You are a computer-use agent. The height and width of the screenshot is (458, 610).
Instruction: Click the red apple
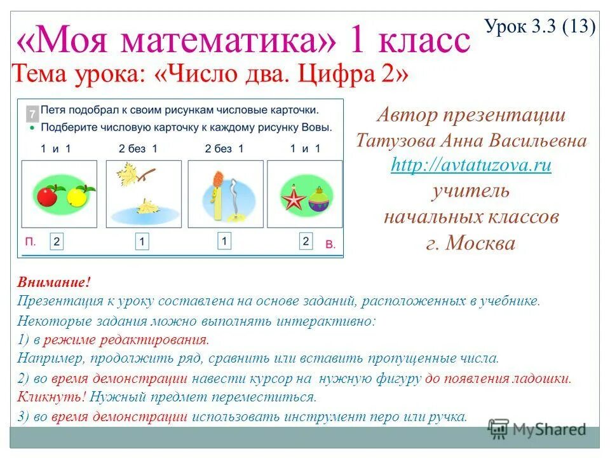tap(47, 196)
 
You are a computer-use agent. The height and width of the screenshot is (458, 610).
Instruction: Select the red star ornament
tap(294, 199)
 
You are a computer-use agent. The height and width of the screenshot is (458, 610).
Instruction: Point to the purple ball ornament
tap(317, 201)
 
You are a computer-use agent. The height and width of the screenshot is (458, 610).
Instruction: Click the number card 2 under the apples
tap(57, 242)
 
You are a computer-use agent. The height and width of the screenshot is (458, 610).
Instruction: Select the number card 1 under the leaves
tap(142, 242)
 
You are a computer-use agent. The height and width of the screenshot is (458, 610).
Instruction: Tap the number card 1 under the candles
tap(224, 241)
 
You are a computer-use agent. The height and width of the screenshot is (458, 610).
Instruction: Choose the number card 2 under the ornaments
tap(306, 241)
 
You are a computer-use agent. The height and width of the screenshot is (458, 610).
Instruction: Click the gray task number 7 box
tap(30, 114)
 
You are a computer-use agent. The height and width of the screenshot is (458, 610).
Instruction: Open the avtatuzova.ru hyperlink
tap(471, 165)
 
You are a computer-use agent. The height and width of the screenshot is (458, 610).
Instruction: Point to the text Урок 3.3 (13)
tap(539, 27)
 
